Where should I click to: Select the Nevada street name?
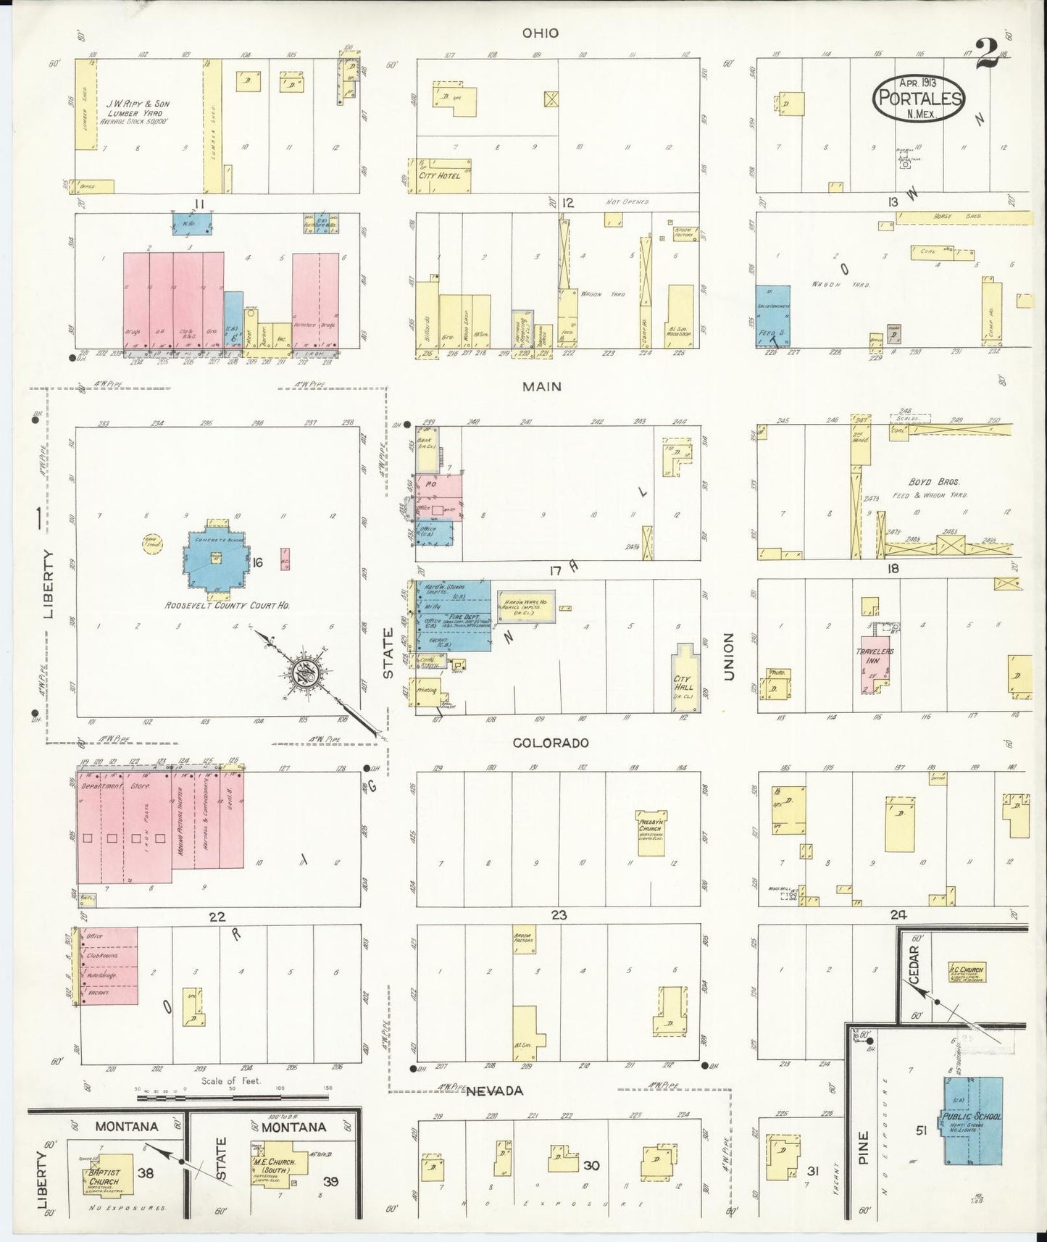pyautogui.click(x=493, y=1091)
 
